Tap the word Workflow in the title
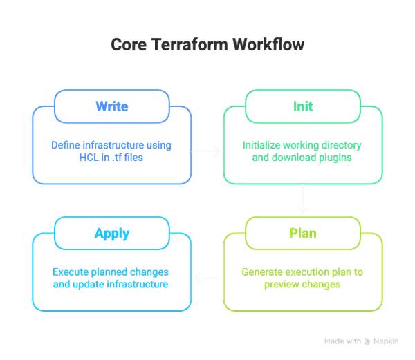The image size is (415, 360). point(265,46)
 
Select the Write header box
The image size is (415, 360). point(112,107)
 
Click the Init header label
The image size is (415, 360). point(302,107)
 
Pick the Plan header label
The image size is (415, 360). point(302,233)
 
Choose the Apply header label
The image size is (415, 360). point(112,233)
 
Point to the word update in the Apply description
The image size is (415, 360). point(87,284)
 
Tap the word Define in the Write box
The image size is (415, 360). point(66,146)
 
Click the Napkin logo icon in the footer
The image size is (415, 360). point(369,341)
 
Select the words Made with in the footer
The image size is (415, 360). point(342,341)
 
